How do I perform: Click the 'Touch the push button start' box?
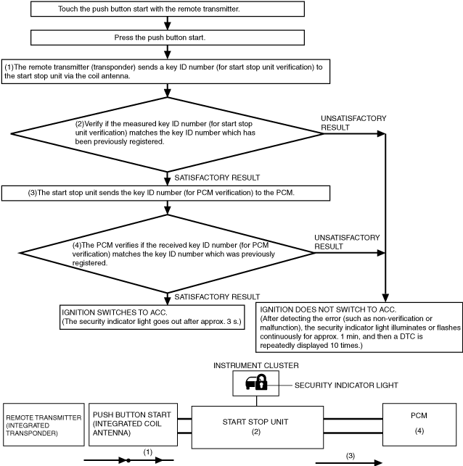168,9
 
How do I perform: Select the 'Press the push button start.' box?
168,38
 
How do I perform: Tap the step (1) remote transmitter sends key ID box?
165,72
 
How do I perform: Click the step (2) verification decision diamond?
167,134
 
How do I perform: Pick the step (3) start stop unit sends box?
165,194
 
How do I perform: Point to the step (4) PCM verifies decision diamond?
167,254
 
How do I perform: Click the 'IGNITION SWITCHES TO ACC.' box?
152,317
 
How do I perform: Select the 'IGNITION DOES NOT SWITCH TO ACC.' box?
359,328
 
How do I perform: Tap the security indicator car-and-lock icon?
256,382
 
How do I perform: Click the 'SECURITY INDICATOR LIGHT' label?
346,385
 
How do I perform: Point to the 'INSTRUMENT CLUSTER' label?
256,365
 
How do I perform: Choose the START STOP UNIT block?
258,427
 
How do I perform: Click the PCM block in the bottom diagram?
419,425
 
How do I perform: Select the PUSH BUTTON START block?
133,425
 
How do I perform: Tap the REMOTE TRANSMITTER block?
44,425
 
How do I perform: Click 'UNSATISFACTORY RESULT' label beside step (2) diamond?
353,122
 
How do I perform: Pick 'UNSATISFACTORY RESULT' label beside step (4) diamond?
347,242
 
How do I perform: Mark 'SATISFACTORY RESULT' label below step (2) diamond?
217,178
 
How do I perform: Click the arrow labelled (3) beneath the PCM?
349,462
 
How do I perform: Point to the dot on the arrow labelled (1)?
128,460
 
